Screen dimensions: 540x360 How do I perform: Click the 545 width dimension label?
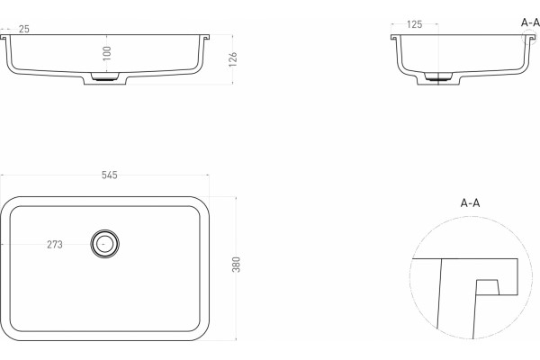point(110,175)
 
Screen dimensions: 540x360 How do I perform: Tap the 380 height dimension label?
point(236,265)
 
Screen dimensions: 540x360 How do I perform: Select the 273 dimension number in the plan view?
point(55,245)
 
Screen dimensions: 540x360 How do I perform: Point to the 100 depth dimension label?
point(107,53)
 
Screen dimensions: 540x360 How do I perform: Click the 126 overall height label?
point(233,58)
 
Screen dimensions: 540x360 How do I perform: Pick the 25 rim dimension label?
point(24,30)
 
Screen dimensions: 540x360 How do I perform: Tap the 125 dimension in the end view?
point(414,24)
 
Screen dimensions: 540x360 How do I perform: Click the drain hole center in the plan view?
point(104,244)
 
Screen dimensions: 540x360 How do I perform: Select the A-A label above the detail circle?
point(470,202)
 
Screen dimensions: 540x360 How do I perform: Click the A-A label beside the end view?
point(530,22)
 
